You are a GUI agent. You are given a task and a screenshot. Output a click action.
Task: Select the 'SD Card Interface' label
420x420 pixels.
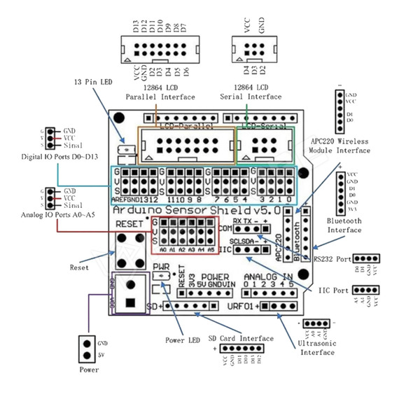tap(241, 339)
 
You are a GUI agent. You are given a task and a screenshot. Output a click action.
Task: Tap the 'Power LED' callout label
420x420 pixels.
tap(184, 341)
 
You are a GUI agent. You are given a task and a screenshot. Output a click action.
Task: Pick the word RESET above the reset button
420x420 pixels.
tap(129, 224)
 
